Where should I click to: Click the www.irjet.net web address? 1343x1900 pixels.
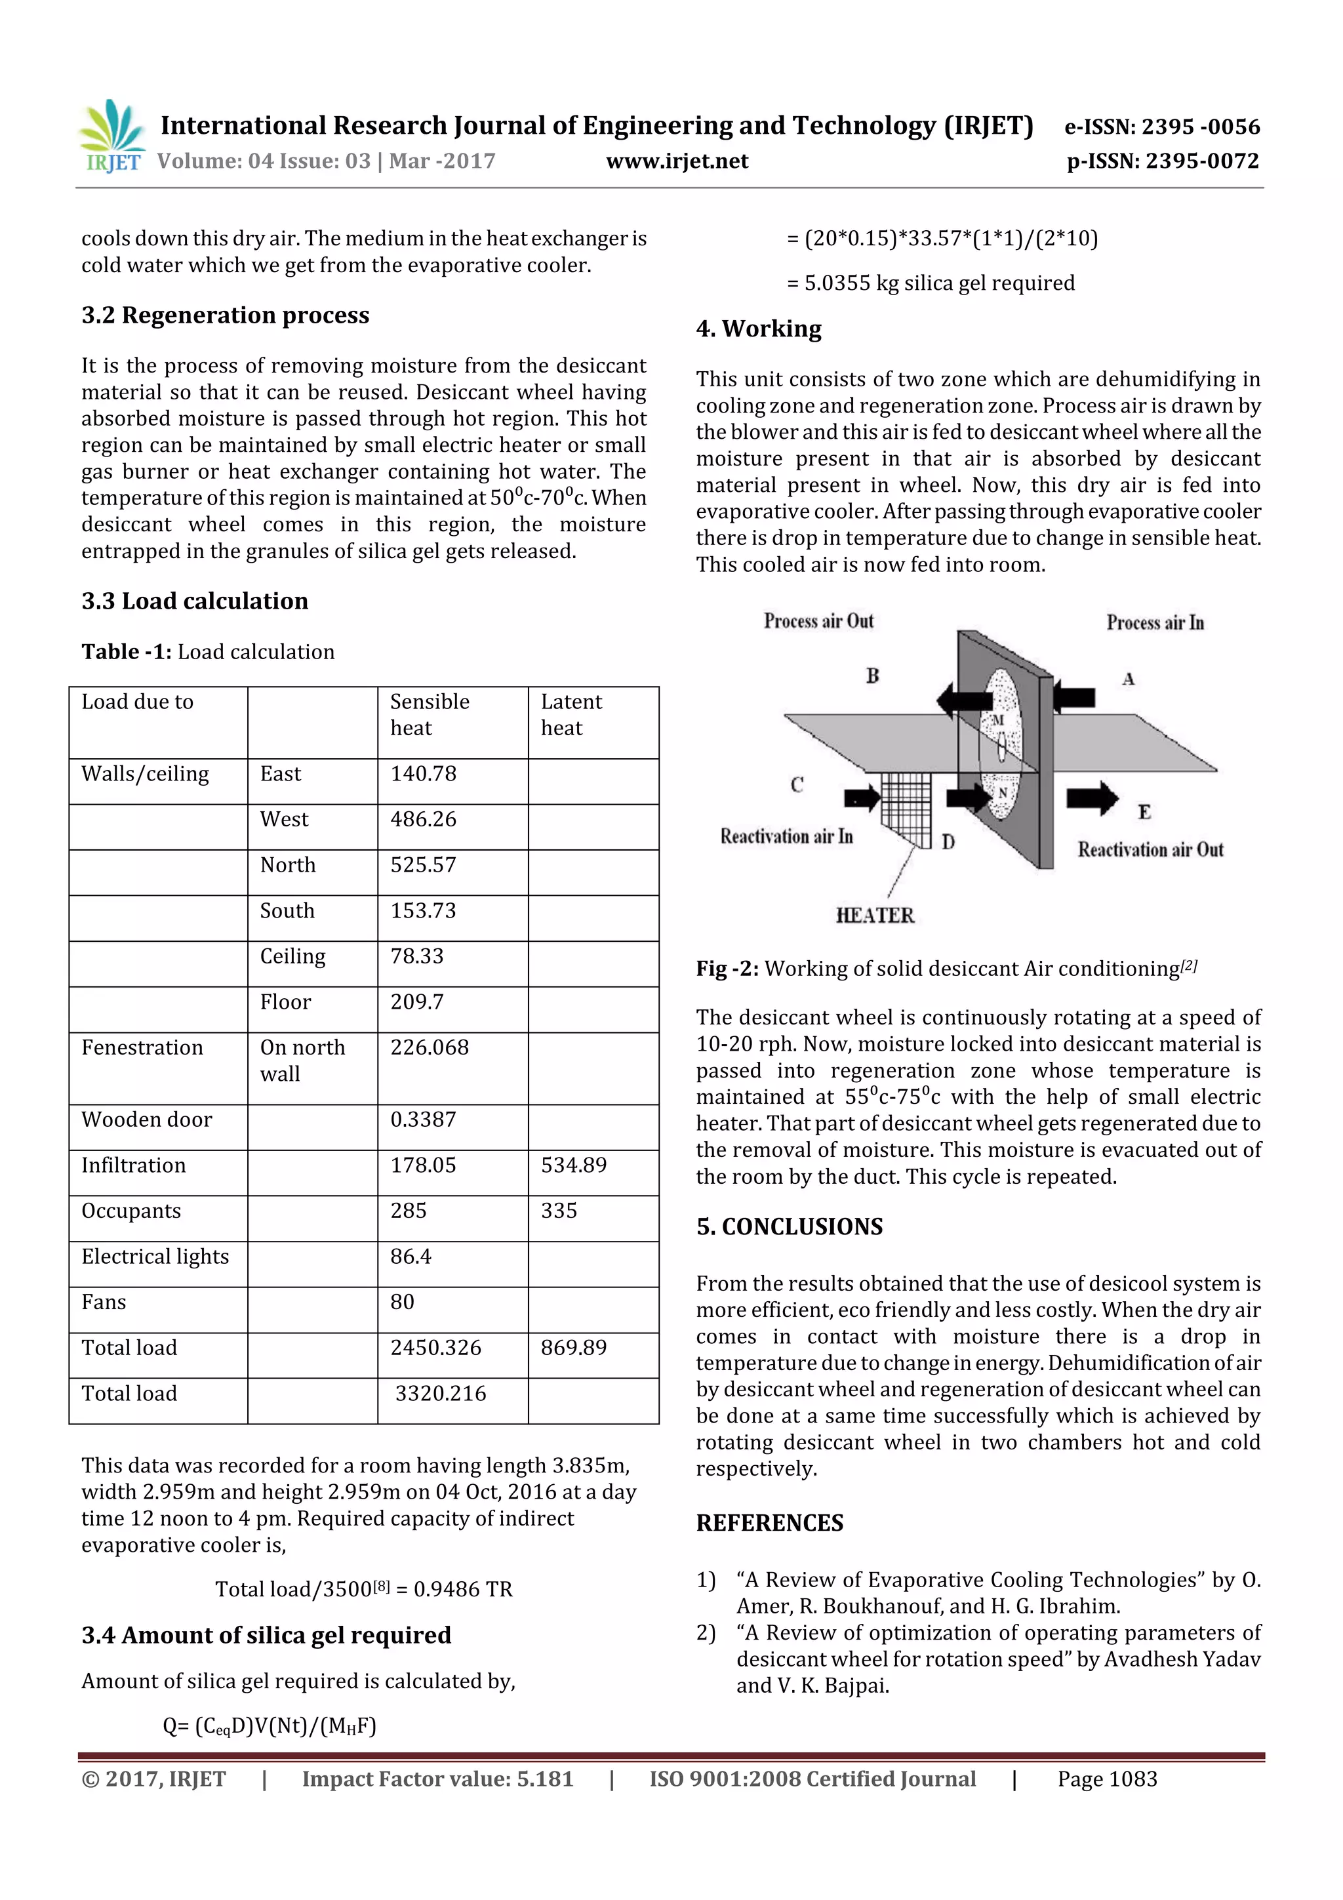pyautogui.click(x=676, y=161)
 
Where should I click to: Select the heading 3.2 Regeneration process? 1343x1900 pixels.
pyautogui.click(x=225, y=315)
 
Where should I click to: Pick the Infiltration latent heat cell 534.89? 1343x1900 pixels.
pyautogui.click(x=573, y=1165)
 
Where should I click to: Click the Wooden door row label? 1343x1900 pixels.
pyautogui.click(x=146, y=1120)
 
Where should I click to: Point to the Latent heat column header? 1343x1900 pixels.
pyautogui.click(x=571, y=715)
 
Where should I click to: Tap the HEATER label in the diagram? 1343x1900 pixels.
pyautogui.click(x=875, y=916)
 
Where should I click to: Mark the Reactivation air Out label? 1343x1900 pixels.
pyautogui.click(x=1150, y=850)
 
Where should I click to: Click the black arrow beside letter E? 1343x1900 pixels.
pyautogui.click(x=1091, y=798)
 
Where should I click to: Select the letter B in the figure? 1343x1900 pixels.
pyautogui.click(x=872, y=676)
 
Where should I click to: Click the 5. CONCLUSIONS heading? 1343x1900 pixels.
pyautogui.click(x=790, y=1226)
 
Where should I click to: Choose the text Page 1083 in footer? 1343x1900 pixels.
pyautogui.click(x=1106, y=1779)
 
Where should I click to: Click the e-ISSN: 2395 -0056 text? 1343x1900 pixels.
pyautogui.click(x=1161, y=127)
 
